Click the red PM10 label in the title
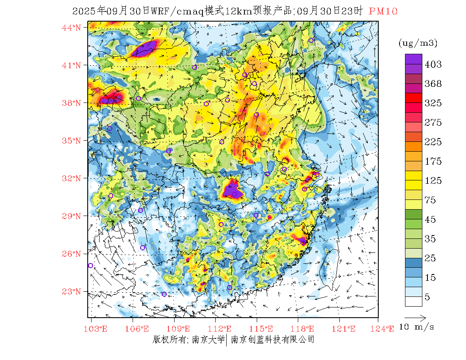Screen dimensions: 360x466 coord(383,11)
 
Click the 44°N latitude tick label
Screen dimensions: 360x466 coord(72,28)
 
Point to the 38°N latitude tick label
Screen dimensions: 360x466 coord(72,103)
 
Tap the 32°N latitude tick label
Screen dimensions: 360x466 coord(72,178)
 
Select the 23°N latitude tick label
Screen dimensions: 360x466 coord(72,291)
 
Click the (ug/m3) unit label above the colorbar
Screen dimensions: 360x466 coord(418,43)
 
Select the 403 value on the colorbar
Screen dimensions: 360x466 coord(433,64)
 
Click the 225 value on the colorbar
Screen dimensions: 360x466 coord(433,142)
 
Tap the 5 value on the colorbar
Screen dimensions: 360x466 coord(427,297)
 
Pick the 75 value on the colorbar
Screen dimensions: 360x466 coord(430,200)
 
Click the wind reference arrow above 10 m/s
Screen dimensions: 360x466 coord(415,317)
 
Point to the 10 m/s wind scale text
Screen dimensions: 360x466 coord(417,327)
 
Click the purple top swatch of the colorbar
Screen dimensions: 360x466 coord(413,59)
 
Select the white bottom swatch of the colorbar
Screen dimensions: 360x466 coord(413,301)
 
